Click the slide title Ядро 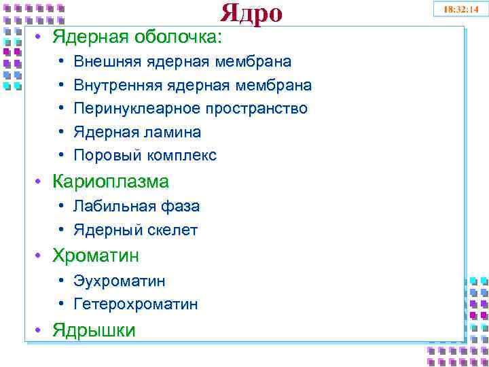[251, 13]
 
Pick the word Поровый [103, 156]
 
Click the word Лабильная [111, 206]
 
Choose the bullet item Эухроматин [120, 281]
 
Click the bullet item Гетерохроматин [136, 304]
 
